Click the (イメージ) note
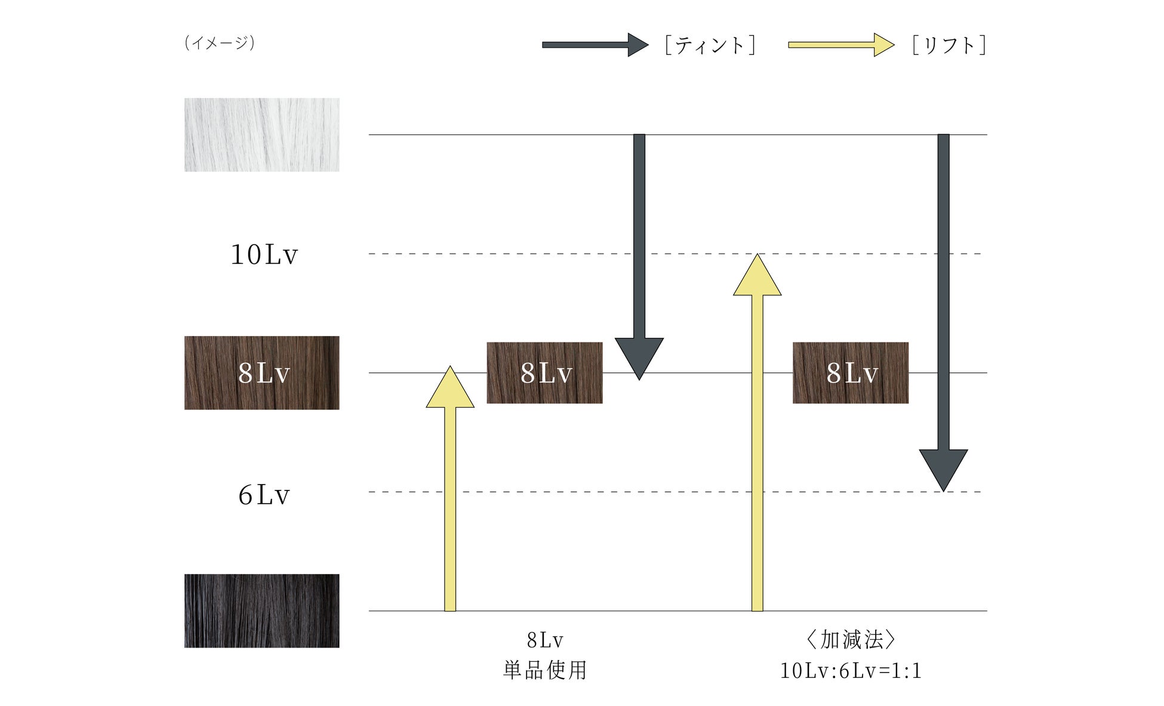(x=220, y=43)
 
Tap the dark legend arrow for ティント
(x=595, y=45)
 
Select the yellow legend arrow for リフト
(x=840, y=45)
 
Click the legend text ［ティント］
(x=710, y=45)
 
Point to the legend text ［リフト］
(x=949, y=45)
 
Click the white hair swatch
(x=261, y=135)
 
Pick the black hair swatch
(x=261, y=611)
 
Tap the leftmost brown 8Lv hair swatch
(x=261, y=372)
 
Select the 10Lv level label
(x=264, y=254)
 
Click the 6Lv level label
(x=264, y=495)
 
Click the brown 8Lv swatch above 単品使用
(x=544, y=372)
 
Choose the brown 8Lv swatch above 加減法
(x=850, y=372)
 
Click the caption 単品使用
(x=545, y=670)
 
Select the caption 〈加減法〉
(x=851, y=640)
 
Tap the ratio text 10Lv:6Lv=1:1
(x=851, y=671)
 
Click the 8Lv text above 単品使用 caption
(x=545, y=640)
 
